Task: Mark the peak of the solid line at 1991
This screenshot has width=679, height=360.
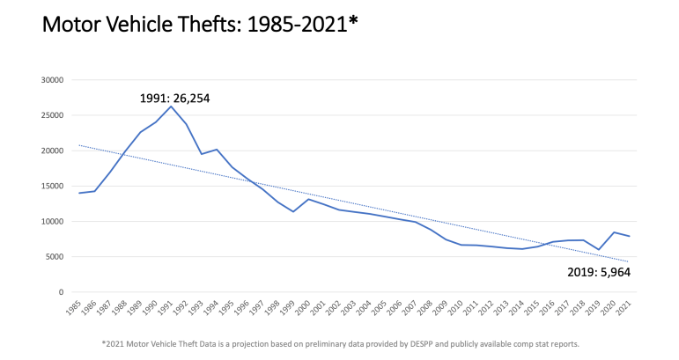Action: pyautogui.click(x=171, y=107)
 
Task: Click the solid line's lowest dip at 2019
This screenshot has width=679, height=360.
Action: pyautogui.click(x=599, y=250)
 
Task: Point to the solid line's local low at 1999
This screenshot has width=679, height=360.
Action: pyautogui.click(x=293, y=212)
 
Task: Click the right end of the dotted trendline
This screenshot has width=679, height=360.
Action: pyautogui.click(x=629, y=261)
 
